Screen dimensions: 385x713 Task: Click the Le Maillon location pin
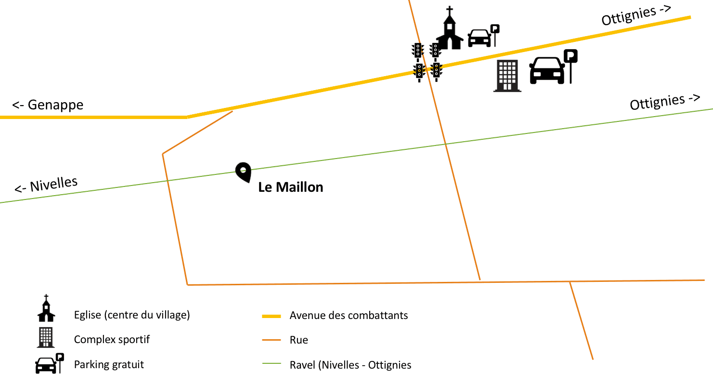pyautogui.click(x=243, y=172)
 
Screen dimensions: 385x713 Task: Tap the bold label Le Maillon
pyautogui.click(x=290, y=187)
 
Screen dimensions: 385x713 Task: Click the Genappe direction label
pyautogui.click(x=48, y=105)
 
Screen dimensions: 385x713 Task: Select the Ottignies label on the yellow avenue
pyautogui.click(x=636, y=15)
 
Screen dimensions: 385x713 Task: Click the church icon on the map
pyautogui.click(x=449, y=30)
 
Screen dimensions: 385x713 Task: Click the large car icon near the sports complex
pyautogui.click(x=547, y=70)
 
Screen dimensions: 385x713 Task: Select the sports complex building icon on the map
pyautogui.click(x=507, y=76)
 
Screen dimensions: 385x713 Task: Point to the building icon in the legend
pyautogui.click(x=46, y=337)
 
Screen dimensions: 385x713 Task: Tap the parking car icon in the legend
pyautogui.click(x=47, y=365)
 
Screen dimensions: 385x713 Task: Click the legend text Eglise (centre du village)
pyautogui.click(x=132, y=315)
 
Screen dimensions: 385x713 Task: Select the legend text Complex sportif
pyautogui.click(x=112, y=339)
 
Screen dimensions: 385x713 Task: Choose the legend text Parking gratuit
pyautogui.click(x=109, y=364)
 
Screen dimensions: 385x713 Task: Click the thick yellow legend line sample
pyautogui.click(x=271, y=316)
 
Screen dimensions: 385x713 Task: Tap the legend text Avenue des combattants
pyautogui.click(x=349, y=316)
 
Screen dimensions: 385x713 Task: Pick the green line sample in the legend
pyautogui.click(x=271, y=365)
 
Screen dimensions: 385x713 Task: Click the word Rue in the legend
pyautogui.click(x=298, y=340)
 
